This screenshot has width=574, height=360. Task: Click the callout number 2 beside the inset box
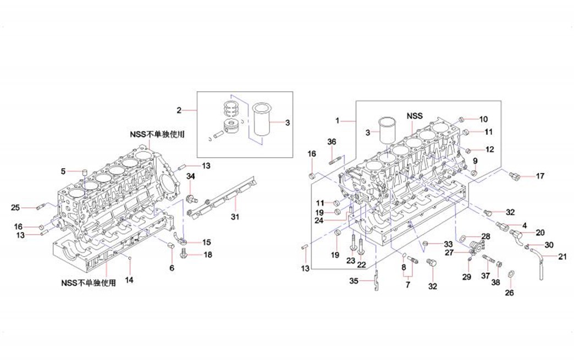(179, 110)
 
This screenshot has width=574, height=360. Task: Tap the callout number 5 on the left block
(63, 171)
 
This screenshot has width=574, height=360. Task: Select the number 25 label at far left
(16, 207)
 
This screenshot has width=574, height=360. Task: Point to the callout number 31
(235, 217)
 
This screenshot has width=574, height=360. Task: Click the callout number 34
(191, 176)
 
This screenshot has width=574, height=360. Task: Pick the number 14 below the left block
(129, 280)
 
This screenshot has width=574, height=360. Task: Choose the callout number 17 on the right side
(540, 176)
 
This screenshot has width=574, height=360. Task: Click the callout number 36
(332, 142)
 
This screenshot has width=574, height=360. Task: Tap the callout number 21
(561, 257)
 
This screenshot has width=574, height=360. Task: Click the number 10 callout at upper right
(483, 119)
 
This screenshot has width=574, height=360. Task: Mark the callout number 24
(335, 221)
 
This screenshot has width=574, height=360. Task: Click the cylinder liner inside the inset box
(261, 119)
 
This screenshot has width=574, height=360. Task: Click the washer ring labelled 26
(510, 274)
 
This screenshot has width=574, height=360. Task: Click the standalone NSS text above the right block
(415, 116)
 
